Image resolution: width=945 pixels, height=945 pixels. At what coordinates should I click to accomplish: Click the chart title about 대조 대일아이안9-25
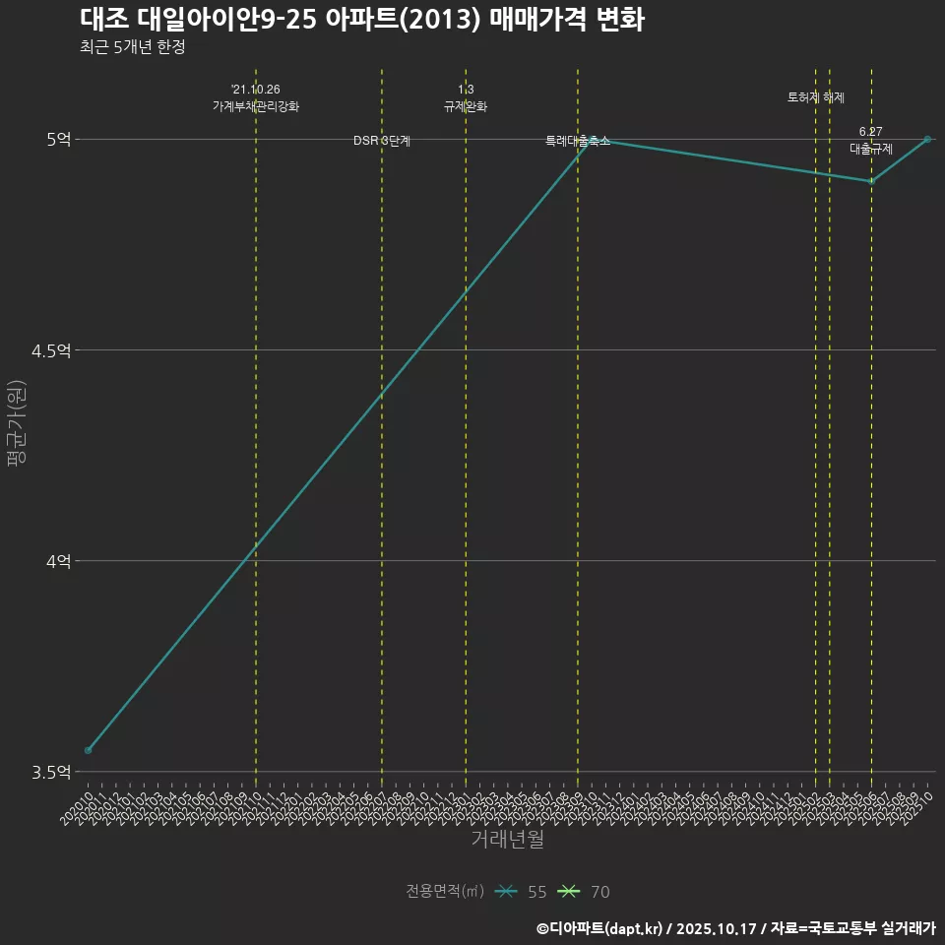(x=362, y=20)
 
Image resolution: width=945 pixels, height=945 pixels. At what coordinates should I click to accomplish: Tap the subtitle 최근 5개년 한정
(x=133, y=47)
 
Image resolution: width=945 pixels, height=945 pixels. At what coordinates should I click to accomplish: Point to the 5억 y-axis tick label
(x=58, y=140)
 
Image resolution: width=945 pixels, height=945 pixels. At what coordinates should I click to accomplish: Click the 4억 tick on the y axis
(x=58, y=561)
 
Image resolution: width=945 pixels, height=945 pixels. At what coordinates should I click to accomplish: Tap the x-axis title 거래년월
(x=507, y=840)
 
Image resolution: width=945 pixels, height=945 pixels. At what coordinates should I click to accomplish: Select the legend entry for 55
(x=522, y=892)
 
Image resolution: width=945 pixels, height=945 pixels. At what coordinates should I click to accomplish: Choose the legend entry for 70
(x=585, y=892)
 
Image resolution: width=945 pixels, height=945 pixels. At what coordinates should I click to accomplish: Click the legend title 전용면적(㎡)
(x=445, y=892)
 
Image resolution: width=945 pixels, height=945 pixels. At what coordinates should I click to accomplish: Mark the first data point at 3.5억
(x=89, y=750)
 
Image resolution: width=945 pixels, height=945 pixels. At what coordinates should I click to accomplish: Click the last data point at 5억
(x=927, y=140)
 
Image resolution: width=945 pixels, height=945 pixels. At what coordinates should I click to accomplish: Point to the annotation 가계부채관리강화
(x=256, y=106)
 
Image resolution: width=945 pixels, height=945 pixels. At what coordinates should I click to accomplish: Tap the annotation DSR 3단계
(x=382, y=142)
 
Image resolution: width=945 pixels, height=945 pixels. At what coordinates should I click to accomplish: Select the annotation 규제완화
(x=466, y=106)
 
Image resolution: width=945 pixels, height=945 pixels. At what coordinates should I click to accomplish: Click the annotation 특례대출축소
(x=578, y=142)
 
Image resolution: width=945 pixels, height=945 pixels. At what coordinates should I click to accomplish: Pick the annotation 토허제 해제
(x=816, y=97)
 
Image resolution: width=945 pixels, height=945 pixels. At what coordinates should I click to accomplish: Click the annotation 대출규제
(x=871, y=149)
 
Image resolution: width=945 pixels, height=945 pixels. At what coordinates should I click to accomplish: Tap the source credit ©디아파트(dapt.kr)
(x=601, y=928)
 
